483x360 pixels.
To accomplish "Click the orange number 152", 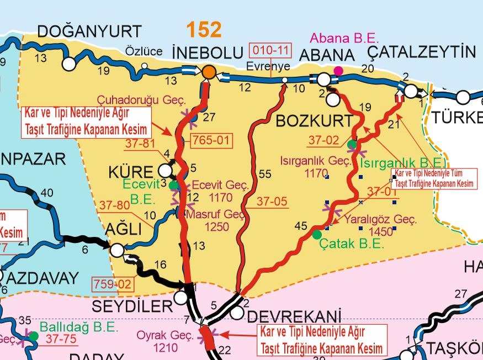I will [204, 30].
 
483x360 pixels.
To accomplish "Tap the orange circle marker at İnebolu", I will [208, 72].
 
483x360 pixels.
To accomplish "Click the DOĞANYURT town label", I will [89, 31].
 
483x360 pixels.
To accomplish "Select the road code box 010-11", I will [271, 51].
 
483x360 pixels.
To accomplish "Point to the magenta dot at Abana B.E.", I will [338, 71].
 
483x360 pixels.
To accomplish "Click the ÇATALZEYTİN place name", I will [421, 52].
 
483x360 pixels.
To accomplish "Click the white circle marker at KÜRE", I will [165, 171].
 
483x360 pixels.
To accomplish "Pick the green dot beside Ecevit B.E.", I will [173, 185].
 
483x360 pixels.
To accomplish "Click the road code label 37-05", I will [273, 202].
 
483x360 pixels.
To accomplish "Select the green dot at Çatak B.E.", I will [317, 235].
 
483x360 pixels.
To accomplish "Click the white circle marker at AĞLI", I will [117, 251].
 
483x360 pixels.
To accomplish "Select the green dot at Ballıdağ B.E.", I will [34, 335].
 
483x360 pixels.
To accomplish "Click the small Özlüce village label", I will [144, 51].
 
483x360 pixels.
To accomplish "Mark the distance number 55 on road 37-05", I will [265, 174].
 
